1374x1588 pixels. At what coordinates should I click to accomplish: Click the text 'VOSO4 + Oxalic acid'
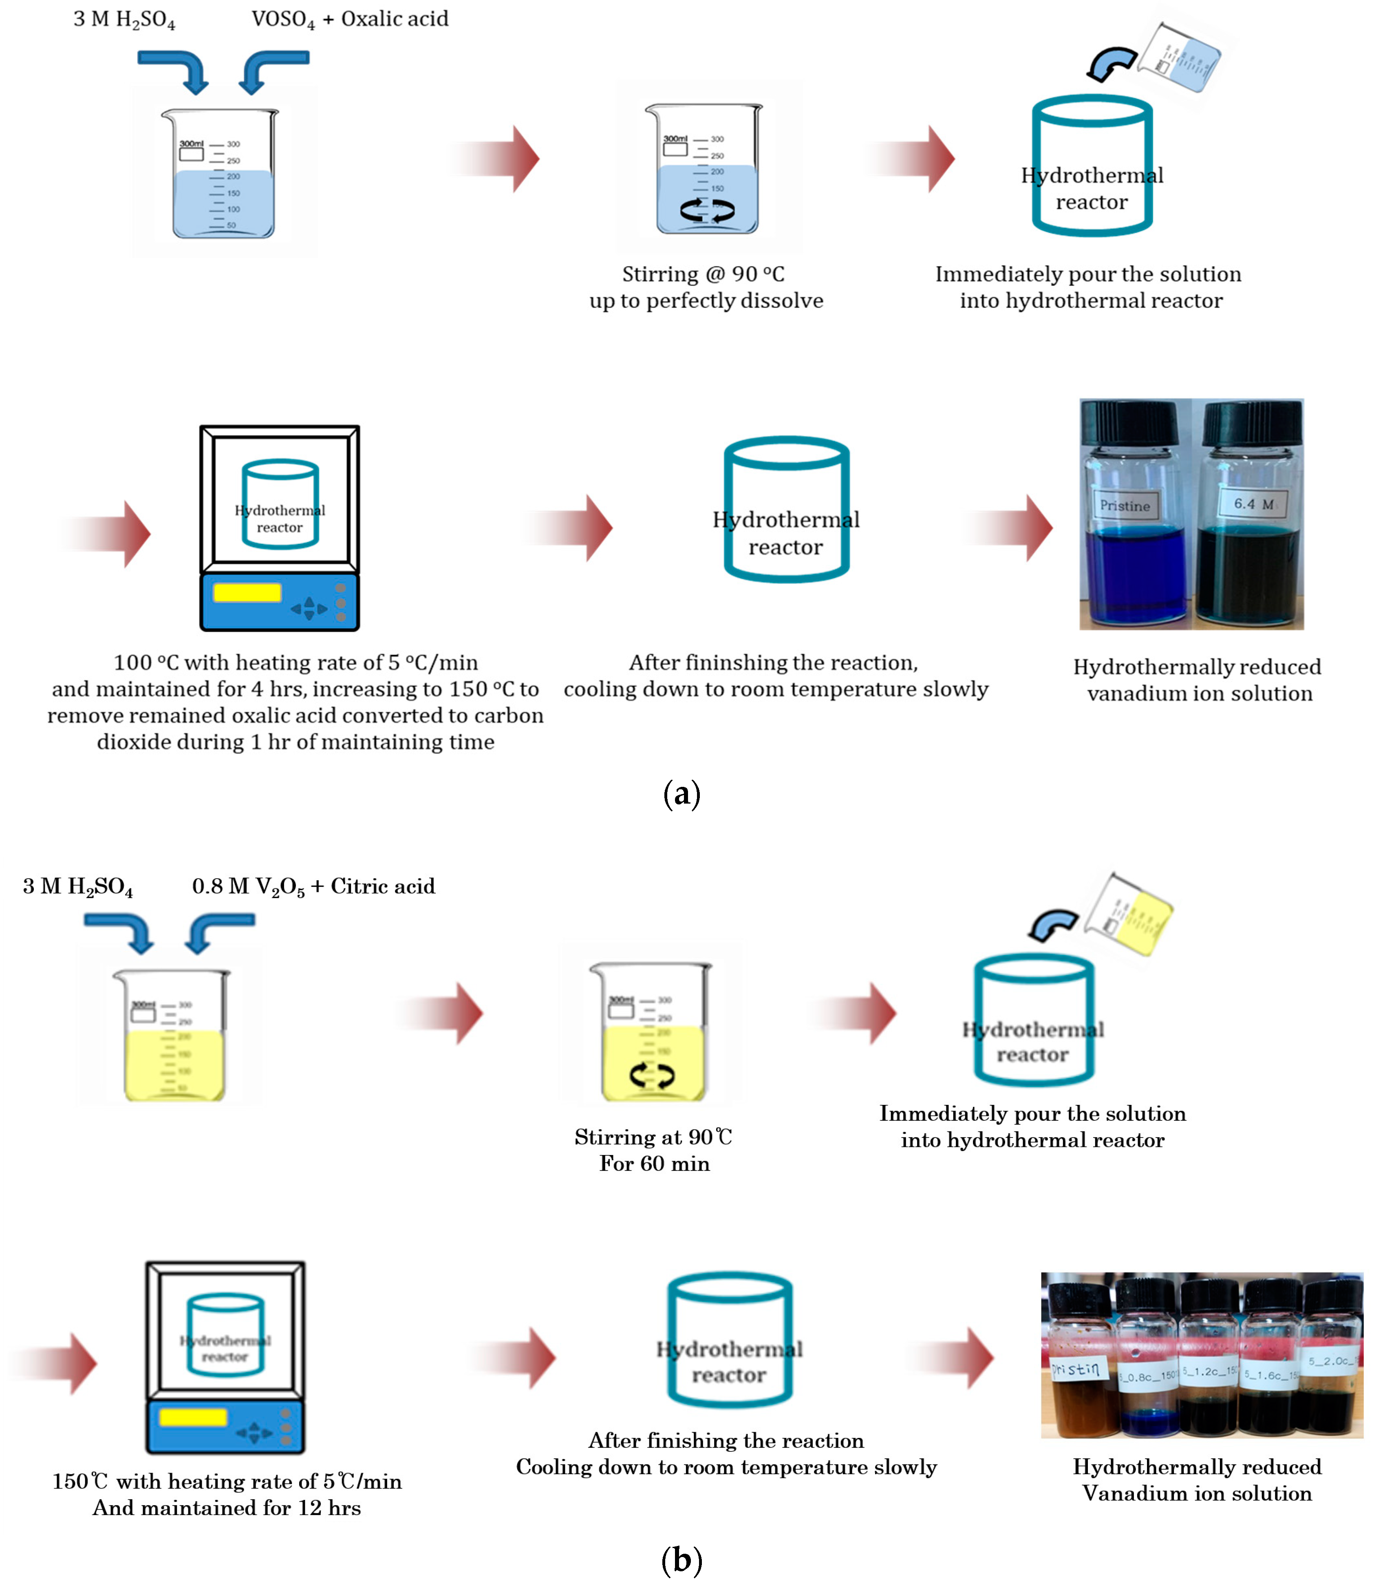click(x=350, y=19)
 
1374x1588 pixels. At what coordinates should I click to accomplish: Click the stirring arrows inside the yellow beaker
click(x=652, y=1076)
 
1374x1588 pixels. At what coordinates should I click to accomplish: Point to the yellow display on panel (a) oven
click(x=247, y=593)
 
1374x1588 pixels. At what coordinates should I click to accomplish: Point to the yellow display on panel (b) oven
click(x=192, y=1417)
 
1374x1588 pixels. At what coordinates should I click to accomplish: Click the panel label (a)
click(x=681, y=794)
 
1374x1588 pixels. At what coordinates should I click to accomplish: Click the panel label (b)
click(x=681, y=1559)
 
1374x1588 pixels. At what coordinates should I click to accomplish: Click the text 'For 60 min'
click(x=654, y=1164)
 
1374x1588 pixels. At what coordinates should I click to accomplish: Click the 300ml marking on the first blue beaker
click(x=191, y=144)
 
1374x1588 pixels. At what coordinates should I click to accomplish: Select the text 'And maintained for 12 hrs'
click(x=227, y=1508)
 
